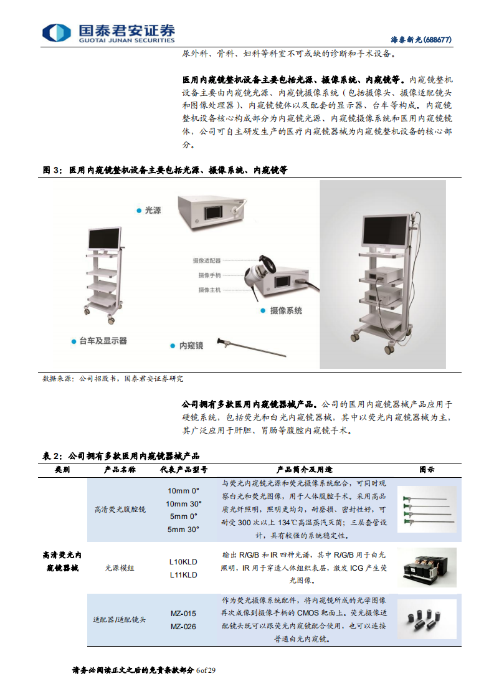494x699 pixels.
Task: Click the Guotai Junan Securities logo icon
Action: tap(57, 32)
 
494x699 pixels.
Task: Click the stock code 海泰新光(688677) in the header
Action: tap(420, 39)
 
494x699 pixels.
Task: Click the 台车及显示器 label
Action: tap(103, 341)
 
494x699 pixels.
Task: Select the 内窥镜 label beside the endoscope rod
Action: tap(191, 345)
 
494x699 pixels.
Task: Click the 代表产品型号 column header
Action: tap(183, 469)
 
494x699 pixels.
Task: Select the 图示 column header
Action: tap(427, 469)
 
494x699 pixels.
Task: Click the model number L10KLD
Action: tap(183, 561)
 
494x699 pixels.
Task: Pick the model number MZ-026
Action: tap(183, 626)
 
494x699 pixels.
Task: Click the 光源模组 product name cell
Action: tap(118, 568)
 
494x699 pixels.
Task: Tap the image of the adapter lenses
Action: tap(427, 619)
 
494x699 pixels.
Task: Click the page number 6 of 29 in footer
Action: tap(206, 670)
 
